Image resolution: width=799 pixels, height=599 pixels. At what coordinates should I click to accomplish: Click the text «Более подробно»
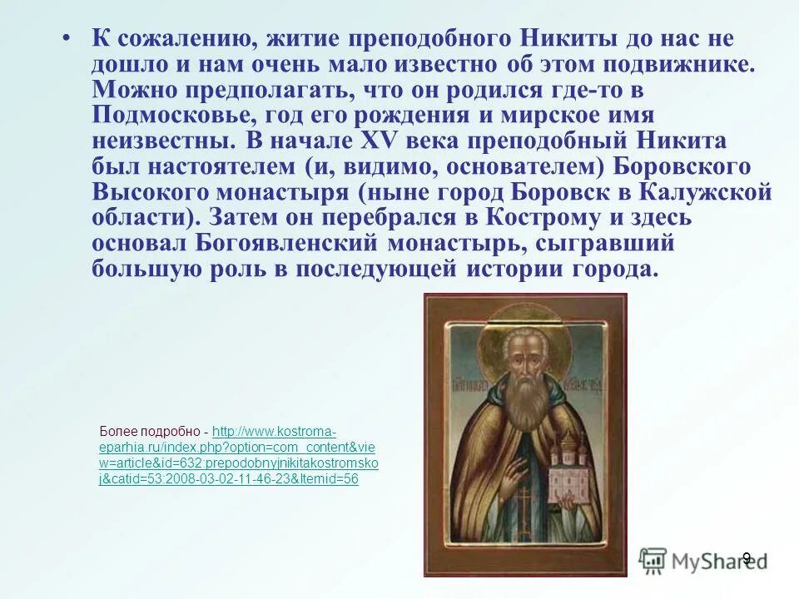coord(150,432)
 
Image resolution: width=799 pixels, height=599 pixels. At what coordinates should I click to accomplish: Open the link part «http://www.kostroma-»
coord(275,432)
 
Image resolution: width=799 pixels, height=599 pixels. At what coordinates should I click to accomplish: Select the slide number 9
coord(747,558)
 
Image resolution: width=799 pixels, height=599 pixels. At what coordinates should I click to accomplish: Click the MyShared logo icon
coord(653,559)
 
